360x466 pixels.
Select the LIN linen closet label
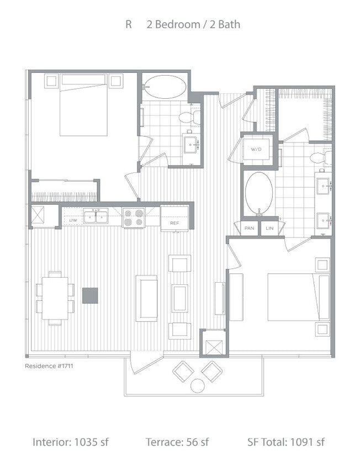click(269, 228)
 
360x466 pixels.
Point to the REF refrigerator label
click(174, 223)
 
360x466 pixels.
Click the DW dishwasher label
click(72, 220)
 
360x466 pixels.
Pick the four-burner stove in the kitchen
click(133, 217)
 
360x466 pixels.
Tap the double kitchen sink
click(96, 216)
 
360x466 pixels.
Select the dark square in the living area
click(91, 295)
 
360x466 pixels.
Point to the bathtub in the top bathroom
click(165, 87)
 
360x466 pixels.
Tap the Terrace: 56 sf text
click(177, 442)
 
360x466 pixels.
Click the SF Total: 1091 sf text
click(286, 442)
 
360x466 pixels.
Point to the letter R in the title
click(129, 25)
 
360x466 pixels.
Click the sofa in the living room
click(147, 298)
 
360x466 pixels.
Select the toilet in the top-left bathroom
click(187, 117)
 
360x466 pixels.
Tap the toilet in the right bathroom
click(319, 158)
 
